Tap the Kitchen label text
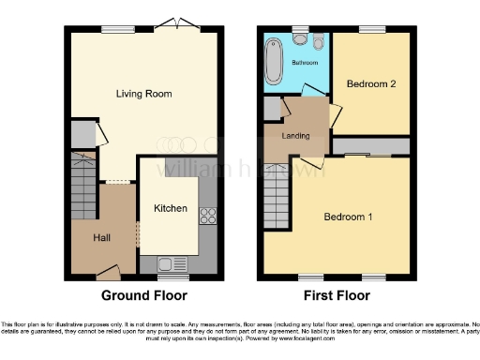point(171,208)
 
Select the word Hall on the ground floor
point(102,238)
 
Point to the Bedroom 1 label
point(348,217)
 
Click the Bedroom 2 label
point(371,84)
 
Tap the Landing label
point(296,137)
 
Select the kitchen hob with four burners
point(207,217)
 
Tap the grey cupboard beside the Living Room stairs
point(82,134)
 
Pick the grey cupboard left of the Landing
point(271,109)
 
